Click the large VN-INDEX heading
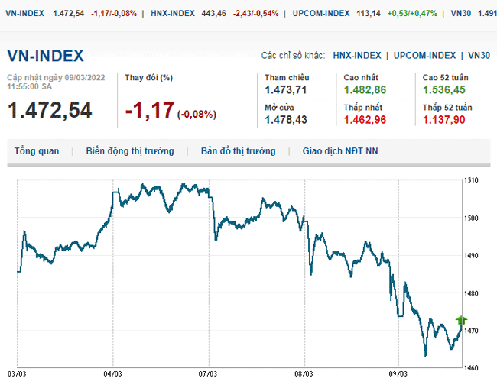[x=46, y=56]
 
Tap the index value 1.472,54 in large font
[x=50, y=110]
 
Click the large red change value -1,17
[x=150, y=111]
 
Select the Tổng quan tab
[x=37, y=151]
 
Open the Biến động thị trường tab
[x=130, y=151]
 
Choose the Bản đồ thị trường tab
[x=238, y=151]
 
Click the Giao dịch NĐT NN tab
[x=340, y=151]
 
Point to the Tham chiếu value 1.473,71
[x=285, y=90]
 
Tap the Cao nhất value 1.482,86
[x=365, y=90]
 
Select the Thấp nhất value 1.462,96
[x=365, y=120]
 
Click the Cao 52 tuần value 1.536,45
[x=444, y=90]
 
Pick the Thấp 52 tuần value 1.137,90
[x=444, y=120]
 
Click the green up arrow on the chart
[x=461, y=320]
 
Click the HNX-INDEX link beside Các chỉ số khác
[x=357, y=55]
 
